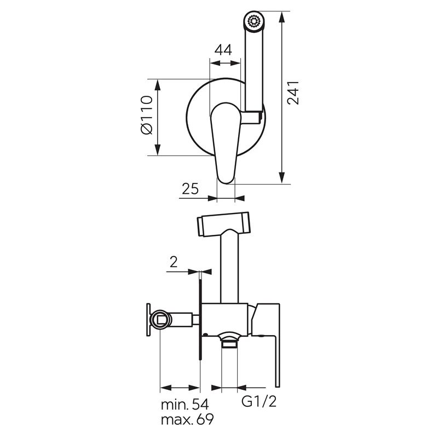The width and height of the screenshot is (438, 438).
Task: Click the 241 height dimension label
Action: [x=293, y=93]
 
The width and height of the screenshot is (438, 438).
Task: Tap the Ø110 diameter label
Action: [x=147, y=115]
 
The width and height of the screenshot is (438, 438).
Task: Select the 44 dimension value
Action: [x=223, y=50]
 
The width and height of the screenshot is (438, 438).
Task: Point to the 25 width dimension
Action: [x=190, y=188]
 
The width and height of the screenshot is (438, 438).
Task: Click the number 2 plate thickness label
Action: [x=174, y=262]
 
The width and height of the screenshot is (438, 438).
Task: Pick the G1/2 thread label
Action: [x=259, y=401]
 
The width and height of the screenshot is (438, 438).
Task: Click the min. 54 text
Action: [x=185, y=404]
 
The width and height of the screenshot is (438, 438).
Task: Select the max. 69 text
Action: [x=187, y=419]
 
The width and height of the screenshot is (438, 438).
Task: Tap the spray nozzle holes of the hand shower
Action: [x=254, y=21]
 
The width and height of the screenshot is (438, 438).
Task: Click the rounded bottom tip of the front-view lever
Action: [x=226, y=182]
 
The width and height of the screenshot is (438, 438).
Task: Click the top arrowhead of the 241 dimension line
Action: [x=282, y=18]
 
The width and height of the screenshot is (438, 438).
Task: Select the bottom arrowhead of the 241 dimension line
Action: [x=282, y=178]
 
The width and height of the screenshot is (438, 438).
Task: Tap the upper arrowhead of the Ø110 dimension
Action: [x=158, y=85]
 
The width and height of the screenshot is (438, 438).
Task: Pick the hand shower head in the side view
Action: [x=223, y=224]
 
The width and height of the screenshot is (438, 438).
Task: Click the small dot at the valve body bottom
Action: [x=206, y=334]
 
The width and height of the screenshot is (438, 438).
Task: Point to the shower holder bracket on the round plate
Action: [x=252, y=117]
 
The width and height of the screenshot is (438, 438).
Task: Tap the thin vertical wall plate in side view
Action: [x=200, y=317]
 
